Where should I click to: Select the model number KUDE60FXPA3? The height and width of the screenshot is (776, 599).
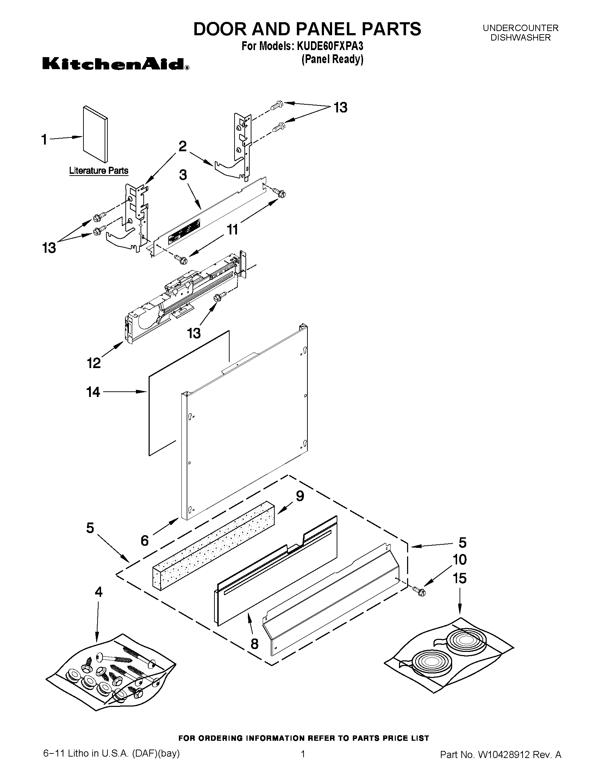pyautogui.click(x=329, y=46)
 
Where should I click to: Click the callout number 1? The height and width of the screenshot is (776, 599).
pyautogui.click(x=44, y=140)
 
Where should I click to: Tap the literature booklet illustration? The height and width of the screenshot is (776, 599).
pyautogui.click(x=95, y=134)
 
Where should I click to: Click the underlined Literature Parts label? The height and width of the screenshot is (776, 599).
pyautogui.click(x=99, y=171)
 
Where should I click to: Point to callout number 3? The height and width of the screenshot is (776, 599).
pyautogui.click(x=183, y=175)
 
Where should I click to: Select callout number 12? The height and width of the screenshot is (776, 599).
pyautogui.click(x=94, y=363)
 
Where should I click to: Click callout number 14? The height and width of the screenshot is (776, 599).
pyautogui.click(x=93, y=392)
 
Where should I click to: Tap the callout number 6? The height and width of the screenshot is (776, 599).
pyautogui.click(x=145, y=540)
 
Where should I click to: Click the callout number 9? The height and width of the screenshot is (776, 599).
pyautogui.click(x=300, y=496)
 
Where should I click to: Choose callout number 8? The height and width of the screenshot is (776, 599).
pyautogui.click(x=255, y=644)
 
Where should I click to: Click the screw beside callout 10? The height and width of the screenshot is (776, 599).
pyautogui.click(x=419, y=591)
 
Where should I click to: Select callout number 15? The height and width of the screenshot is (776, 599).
pyautogui.click(x=460, y=578)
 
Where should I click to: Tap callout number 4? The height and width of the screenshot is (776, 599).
pyautogui.click(x=99, y=592)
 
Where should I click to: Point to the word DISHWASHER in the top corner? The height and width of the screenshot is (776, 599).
pyautogui.click(x=520, y=38)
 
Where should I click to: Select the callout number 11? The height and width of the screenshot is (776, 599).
pyautogui.click(x=232, y=230)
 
